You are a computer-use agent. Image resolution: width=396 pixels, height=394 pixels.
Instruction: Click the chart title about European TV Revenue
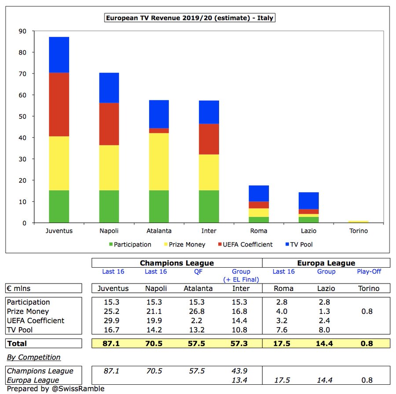[190, 18]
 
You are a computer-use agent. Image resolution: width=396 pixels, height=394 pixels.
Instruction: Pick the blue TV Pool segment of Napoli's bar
[109, 88]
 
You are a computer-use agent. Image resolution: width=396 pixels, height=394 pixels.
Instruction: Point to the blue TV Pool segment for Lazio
[308, 200]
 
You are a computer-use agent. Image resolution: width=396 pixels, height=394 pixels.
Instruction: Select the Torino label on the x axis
[358, 231]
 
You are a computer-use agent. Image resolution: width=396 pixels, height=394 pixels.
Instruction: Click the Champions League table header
[177, 263]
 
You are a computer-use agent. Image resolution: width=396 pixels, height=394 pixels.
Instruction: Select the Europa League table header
[326, 263]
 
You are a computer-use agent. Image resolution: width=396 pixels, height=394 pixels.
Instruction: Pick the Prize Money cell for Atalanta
[198, 311]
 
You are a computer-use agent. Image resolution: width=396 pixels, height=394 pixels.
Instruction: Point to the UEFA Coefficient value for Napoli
[156, 320]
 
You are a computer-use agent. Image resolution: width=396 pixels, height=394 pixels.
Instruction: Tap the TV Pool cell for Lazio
[326, 330]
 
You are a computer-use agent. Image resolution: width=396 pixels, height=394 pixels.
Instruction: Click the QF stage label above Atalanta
[198, 272]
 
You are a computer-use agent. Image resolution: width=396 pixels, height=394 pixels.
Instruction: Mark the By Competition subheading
[33, 357]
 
